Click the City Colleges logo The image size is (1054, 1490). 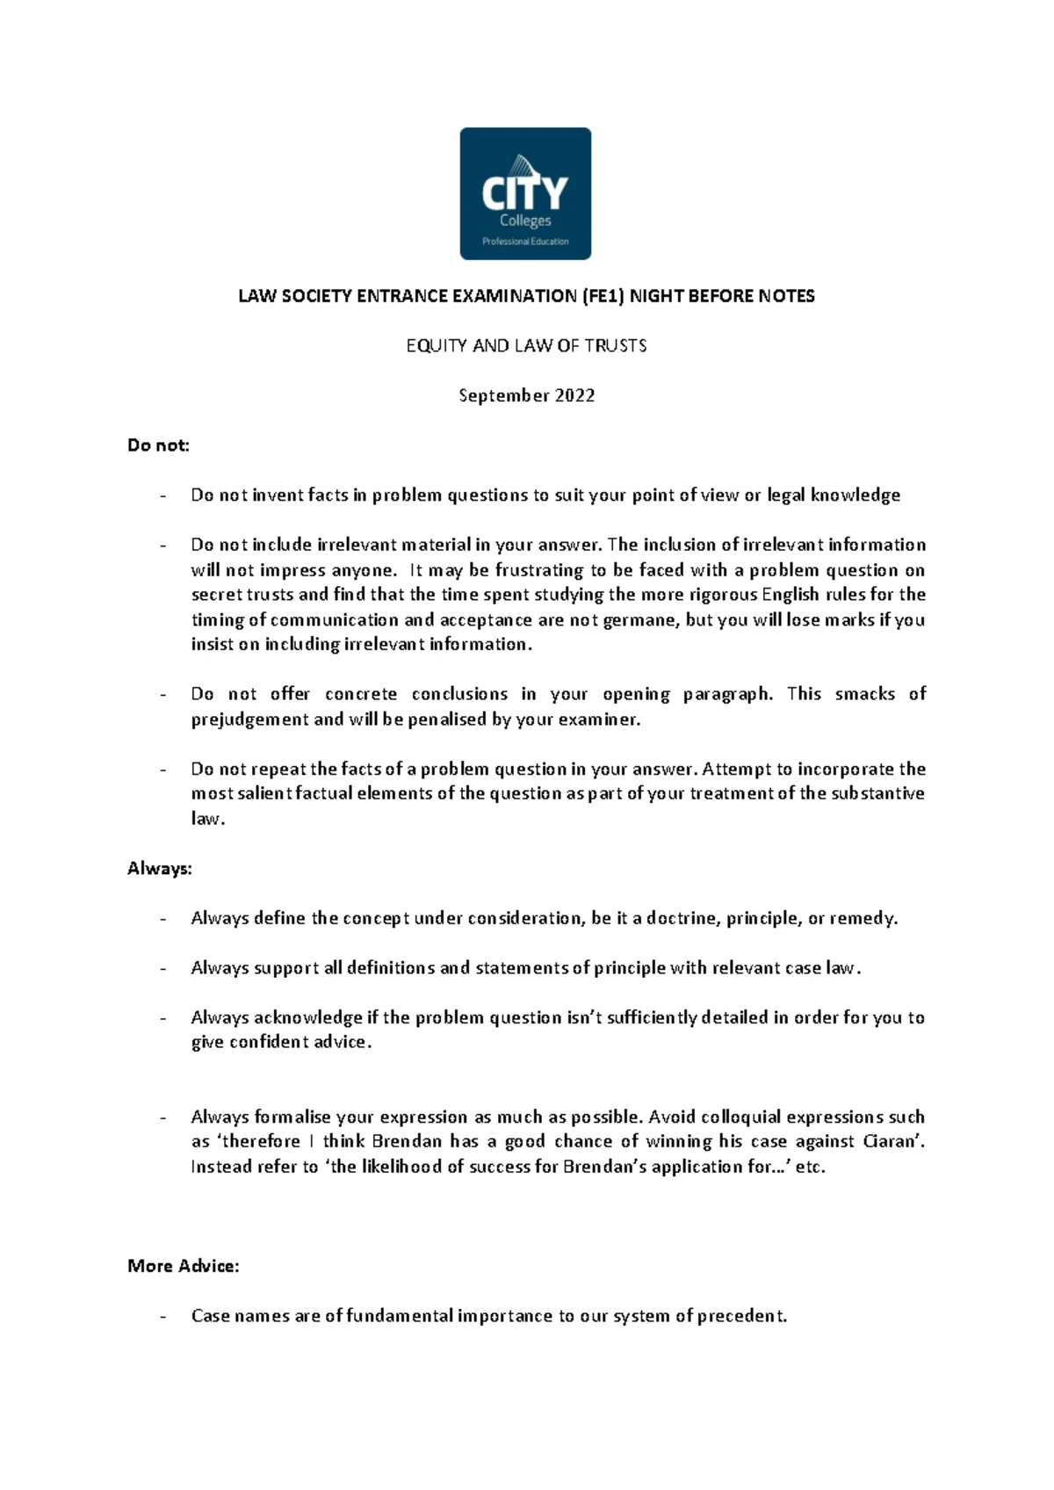point(525,193)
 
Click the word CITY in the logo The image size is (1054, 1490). point(525,192)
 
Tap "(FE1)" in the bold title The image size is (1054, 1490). point(603,296)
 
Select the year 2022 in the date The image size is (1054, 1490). point(574,395)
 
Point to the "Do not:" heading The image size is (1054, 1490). point(158,445)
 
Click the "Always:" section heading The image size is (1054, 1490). point(159,869)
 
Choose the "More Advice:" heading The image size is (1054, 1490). point(183,1266)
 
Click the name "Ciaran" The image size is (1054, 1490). point(893,1141)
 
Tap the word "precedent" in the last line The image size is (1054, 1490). point(740,1316)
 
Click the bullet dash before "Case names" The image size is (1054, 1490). point(163,1316)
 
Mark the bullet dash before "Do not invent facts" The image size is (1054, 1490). point(163,495)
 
